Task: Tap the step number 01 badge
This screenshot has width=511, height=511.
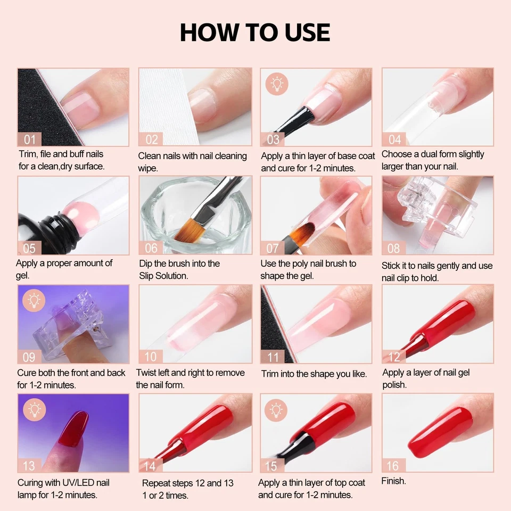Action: (29, 139)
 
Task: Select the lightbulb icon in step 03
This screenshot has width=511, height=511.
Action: (277, 84)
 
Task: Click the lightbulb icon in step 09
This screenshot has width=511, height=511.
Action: (34, 300)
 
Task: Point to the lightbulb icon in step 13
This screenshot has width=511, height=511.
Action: (34, 409)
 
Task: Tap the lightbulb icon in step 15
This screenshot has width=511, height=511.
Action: (277, 409)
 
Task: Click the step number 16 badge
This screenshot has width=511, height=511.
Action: (392, 466)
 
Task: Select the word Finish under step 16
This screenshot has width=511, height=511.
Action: (393, 481)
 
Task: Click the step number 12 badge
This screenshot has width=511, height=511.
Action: (393, 357)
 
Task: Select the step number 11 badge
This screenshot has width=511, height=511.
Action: (272, 357)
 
